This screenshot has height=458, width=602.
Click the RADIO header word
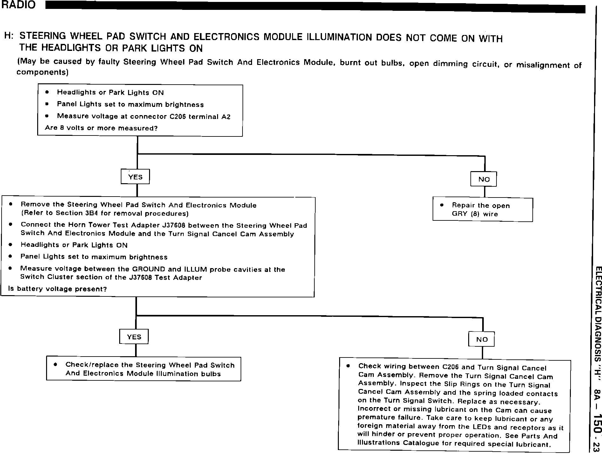[18, 5]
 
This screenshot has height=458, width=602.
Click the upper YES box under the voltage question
[135, 177]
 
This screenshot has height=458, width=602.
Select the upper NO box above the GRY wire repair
[483, 179]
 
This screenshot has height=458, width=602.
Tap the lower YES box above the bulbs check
[134, 337]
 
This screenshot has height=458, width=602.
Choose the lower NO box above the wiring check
[482, 339]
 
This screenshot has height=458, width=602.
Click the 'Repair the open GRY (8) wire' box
[482, 210]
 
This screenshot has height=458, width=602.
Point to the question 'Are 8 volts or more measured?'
[101, 128]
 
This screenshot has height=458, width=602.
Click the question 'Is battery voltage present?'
[58, 289]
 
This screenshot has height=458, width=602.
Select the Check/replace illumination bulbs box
[144, 369]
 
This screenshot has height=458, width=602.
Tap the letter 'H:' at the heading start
[9, 35]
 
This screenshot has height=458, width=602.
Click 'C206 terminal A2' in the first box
[200, 117]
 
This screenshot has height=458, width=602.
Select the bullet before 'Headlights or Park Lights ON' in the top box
[47, 92]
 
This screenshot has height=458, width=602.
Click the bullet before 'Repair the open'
[442, 205]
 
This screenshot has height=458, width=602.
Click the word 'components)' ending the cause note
[42, 72]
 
